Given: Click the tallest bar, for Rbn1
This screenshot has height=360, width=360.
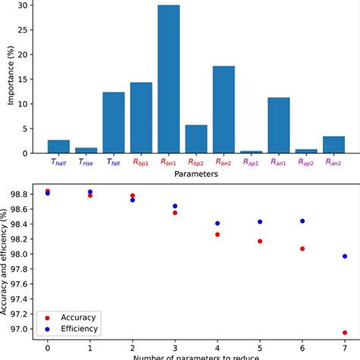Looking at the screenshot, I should pos(169,79).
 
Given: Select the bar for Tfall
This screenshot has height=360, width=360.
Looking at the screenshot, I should pos(113,122).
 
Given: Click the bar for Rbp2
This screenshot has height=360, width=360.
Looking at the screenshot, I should pos(196,139).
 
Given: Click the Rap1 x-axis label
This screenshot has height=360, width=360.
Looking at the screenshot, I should pos(251,162).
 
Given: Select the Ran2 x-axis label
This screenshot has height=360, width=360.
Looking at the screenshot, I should pos(334,162).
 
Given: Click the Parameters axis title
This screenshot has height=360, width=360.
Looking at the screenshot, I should pos(196,174).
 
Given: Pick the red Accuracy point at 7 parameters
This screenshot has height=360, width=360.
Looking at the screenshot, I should pos(345,332).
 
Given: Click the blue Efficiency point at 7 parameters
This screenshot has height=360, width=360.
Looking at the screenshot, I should pos(345,256).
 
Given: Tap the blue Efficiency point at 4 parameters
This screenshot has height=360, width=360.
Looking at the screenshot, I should pos(217,223).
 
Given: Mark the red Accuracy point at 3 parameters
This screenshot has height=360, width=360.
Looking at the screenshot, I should pos(175,213).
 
